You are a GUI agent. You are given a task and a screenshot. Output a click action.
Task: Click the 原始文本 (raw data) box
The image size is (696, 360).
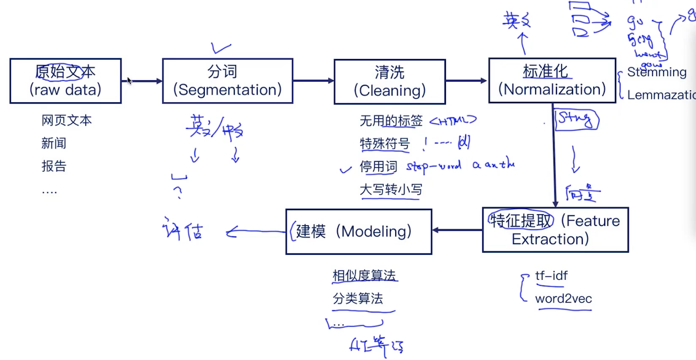[65, 81]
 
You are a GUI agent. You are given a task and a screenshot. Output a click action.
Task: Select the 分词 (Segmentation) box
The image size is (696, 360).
[227, 81]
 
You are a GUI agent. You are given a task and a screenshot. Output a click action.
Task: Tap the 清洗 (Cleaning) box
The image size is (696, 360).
[389, 82]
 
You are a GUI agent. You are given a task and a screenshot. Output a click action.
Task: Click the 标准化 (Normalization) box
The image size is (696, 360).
[552, 81]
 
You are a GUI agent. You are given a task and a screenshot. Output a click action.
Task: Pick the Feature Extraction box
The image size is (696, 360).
[555, 230]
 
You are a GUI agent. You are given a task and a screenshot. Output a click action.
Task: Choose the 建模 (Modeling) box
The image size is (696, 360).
[359, 232]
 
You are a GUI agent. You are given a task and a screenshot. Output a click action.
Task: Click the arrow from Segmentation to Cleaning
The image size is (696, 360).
[313, 81]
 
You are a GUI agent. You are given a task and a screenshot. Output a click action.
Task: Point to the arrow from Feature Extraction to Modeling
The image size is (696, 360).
[457, 230]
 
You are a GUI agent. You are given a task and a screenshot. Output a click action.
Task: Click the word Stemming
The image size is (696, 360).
[656, 72]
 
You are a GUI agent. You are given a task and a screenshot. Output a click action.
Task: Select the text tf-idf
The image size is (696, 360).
[551, 276]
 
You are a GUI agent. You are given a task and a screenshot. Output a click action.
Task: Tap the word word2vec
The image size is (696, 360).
[563, 299]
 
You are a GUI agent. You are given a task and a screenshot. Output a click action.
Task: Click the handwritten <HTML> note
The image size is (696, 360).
[453, 121]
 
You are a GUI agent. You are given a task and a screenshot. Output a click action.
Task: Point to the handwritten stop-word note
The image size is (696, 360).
[433, 166]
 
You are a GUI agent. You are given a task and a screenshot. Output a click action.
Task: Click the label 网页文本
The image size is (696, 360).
[66, 121]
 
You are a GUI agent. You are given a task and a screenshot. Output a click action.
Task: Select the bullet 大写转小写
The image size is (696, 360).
[391, 189]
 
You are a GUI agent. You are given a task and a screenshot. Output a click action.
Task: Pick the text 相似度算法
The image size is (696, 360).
[364, 276]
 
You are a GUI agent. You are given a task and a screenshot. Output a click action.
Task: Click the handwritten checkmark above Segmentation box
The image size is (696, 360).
[221, 48]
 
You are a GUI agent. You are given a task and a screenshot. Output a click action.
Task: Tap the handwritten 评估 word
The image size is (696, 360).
[183, 231]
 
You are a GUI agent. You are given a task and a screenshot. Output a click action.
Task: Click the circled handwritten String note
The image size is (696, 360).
[576, 119]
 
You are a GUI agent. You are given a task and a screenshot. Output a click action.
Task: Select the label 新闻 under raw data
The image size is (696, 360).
[54, 143]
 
